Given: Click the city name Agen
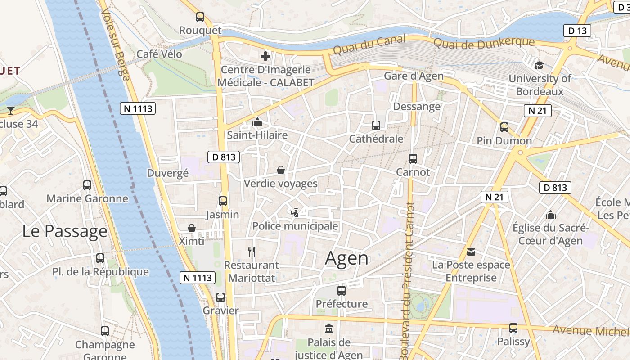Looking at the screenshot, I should tap(346, 258).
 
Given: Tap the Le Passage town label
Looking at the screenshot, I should tap(65, 231).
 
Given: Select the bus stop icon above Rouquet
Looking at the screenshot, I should tap(200, 17).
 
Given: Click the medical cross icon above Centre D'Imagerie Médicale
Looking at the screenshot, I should tap(265, 56).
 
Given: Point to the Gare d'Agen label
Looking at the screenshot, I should tap(414, 76).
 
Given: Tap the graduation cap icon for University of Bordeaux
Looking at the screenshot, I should tap(539, 65).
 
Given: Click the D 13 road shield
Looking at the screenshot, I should tap(577, 31).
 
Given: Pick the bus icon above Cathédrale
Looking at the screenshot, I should tap(376, 126).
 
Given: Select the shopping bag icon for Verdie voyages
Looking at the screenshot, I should tap(281, 170).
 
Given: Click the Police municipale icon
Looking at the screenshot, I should tap(295, 212).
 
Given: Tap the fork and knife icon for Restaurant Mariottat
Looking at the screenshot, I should tap(252, 252).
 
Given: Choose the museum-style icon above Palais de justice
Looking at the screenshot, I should tap(329, 328).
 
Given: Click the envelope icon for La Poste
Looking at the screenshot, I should tap(471, 252).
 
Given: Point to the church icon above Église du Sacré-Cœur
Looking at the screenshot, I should tap(550, 215).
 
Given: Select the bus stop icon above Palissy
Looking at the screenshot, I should tap(513, 328).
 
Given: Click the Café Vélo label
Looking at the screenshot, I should tap(159, 54).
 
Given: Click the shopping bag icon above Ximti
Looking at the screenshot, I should tap(192, 228).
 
